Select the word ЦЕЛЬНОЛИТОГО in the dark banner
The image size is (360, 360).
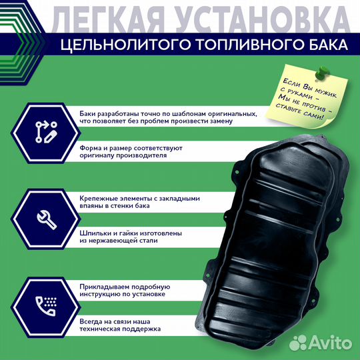[x=124, y=45]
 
